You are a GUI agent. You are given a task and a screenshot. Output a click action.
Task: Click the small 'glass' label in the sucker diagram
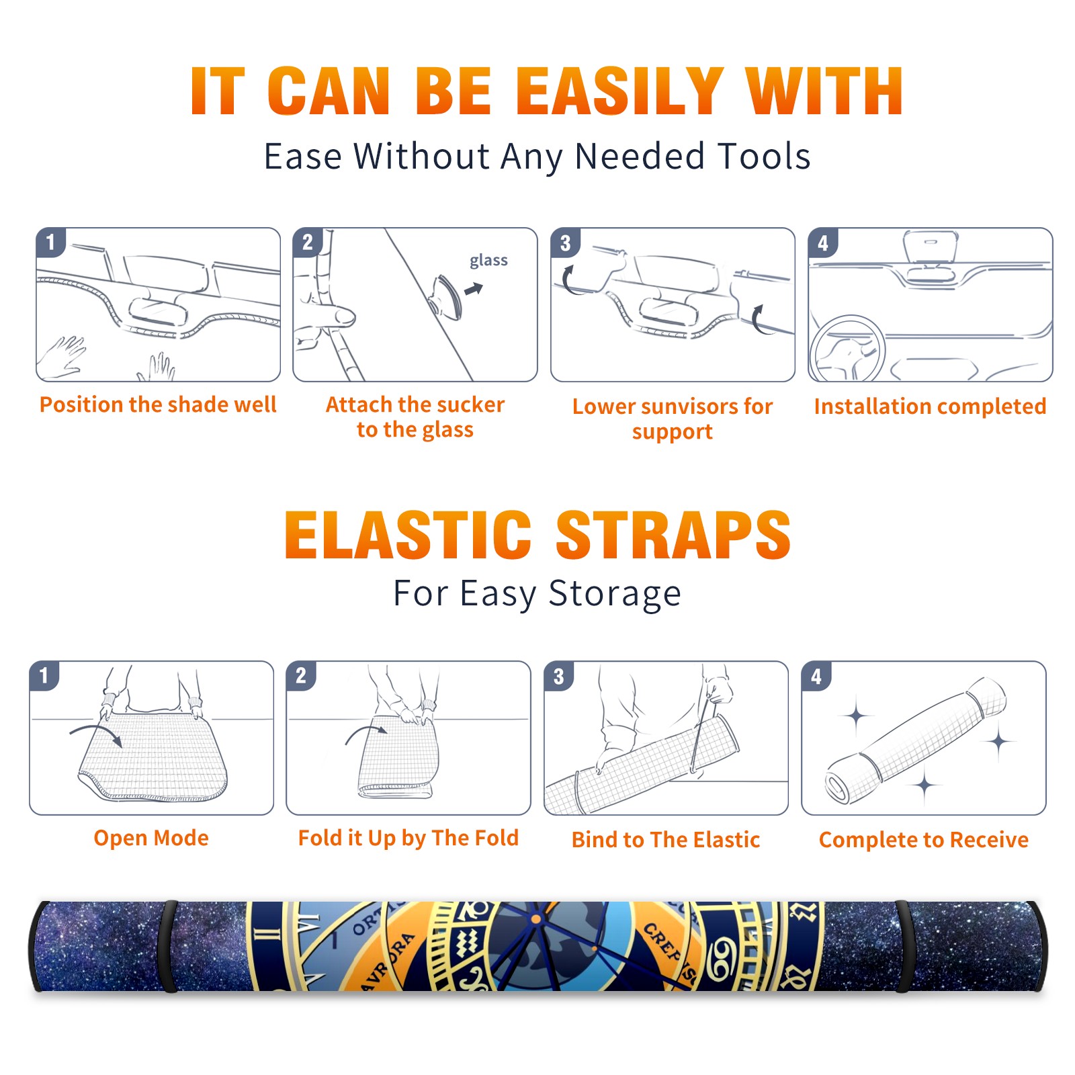point(488,261)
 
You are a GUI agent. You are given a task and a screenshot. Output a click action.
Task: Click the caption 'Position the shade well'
point(158,404)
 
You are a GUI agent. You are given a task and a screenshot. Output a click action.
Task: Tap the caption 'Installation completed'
point(930,406)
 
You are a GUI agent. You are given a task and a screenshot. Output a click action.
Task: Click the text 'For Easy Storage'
point(537,593)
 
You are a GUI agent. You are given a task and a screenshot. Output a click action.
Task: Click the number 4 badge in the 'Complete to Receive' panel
point(816,676)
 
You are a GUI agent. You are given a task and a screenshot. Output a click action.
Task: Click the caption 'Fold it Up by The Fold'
point(408,838)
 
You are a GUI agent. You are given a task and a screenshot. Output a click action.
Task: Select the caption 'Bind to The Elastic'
point(666,839)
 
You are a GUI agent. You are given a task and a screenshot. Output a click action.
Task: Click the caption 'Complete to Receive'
point(924,840)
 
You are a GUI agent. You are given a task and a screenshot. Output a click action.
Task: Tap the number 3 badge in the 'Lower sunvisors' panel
point(565,243)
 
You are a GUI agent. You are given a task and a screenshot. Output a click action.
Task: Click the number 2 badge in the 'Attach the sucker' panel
point(308,243)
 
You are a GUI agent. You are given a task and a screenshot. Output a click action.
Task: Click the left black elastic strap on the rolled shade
point(169,946)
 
